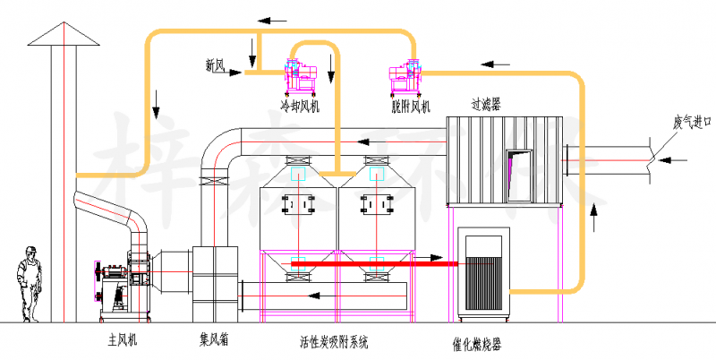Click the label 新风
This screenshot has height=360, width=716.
pyautogui.click(x=215, y=65)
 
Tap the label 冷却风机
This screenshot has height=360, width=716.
pyautogui.click(x=300, y=106)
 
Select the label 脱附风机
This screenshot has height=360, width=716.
pyautogui.click(x=411, y=106)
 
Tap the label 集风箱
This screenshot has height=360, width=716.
pyautogui.click(x=214, y=340)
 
